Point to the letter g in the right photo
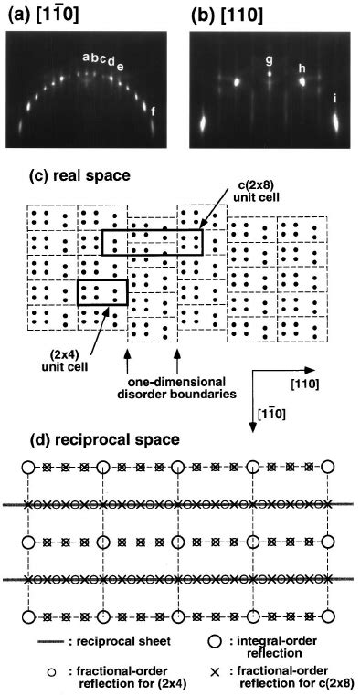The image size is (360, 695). pos(269,61)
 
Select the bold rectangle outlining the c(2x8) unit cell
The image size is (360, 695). pos(151,241)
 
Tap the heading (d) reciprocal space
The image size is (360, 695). pos(76,440)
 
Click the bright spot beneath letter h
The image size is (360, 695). pos(302,80)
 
